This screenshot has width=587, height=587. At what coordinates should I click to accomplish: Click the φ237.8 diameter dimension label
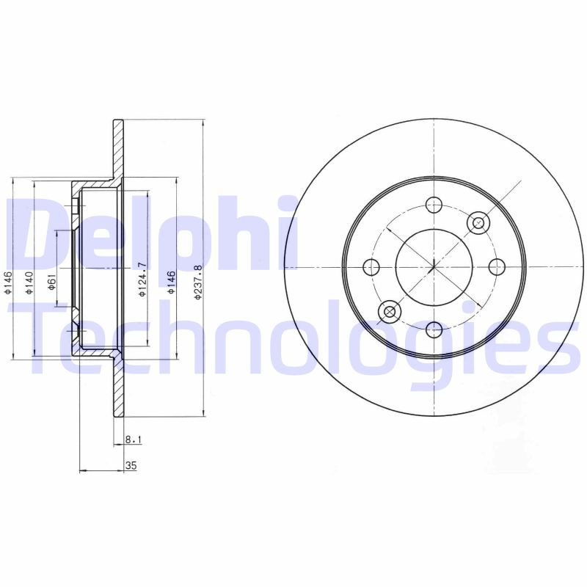click(x=197, y=282)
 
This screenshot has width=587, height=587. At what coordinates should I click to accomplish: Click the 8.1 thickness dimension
click(x=133, y=440)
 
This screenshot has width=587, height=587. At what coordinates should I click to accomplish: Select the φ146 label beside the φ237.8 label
click(x=171, y=282)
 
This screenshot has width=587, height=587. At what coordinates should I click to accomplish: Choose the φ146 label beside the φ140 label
click(x=8, y=282)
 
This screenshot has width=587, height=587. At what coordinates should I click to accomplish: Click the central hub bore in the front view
click(x=434, y=266)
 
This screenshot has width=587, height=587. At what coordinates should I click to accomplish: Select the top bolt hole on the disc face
click(x=434, y=205)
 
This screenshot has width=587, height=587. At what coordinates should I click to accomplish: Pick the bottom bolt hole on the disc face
click(x=434, y=328)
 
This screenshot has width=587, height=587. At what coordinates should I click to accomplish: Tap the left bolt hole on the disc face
click(x=372, y=266)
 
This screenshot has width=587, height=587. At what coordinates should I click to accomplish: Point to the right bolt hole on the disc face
click(x=496, y=266)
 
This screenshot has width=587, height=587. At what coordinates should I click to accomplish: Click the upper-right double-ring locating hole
click(x=478, y=222)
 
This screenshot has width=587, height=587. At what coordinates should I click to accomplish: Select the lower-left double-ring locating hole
click(x=390, y=312)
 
